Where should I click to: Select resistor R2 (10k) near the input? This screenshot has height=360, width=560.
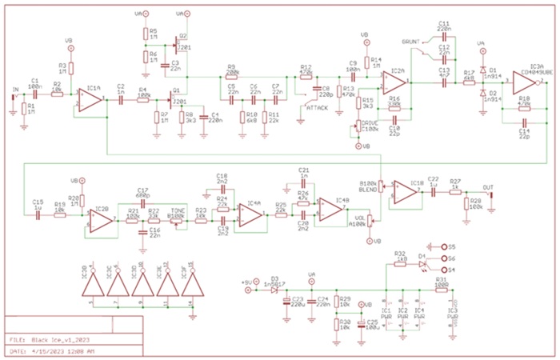click(57, 94)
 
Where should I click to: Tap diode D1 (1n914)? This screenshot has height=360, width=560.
click(482, 69)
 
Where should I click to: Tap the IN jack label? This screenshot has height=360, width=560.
click(14, 90)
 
